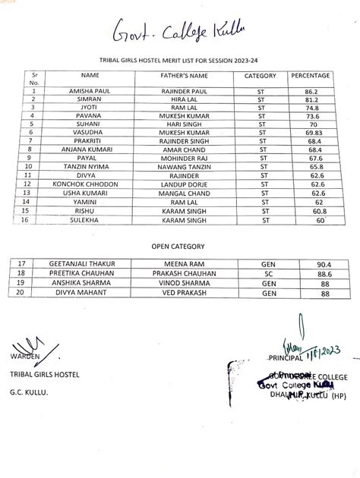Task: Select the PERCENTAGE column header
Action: tap(310, 76)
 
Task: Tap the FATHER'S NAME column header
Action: tap(184, 76)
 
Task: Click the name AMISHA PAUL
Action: tap(90, 90)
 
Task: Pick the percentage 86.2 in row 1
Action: tap(310, 90)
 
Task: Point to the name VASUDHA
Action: tap(90, 132)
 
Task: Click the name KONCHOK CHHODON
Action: tap(90, 184)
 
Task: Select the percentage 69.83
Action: tap(310, 132)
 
